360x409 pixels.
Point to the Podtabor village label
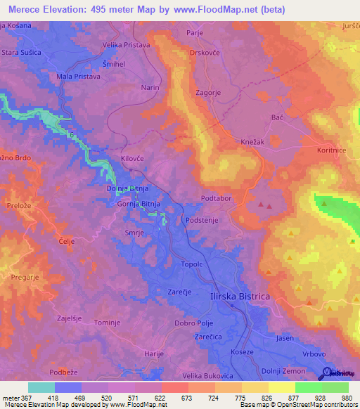[217, 199]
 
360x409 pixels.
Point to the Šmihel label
[115, 63]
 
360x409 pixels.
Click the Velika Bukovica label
[206, 377]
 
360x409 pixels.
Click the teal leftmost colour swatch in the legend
[41, 387]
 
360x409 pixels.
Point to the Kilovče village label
[132, 159]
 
